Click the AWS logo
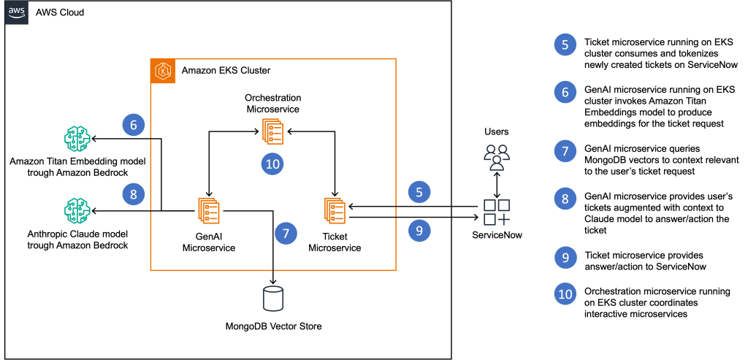[x=17, y=12]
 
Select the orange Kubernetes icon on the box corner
[x=163, y=72]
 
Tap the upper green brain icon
[x=77, y=139]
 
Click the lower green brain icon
[x=77, y=210]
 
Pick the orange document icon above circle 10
[x=272, y=131]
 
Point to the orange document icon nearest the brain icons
[x=208, y=210]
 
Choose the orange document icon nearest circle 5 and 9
[x=335, y=210]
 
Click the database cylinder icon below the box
[x=272, y=299]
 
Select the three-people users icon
[x=497, y=157]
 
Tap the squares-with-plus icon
[x=497, y=212]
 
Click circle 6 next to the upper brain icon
[x=134, y=125]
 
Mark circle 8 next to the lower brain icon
[x=134, y=194]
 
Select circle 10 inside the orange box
[x=272, y=164]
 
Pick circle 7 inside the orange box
[x=286, y=234]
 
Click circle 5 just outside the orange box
[x=419, y=192]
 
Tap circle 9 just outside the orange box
[x=419, y=231]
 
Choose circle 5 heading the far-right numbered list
[x=565, y=45]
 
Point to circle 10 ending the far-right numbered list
[x=565, y=294]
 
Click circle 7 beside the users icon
[x=565, y=151]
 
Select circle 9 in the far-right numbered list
[x=565, y=257]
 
